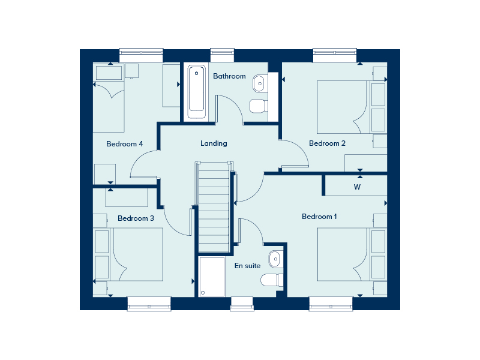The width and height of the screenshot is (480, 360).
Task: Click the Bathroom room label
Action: [x=229, y=76]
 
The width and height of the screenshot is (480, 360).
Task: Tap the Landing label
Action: [x=214, y=143]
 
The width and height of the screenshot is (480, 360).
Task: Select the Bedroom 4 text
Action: [x=125, y=144]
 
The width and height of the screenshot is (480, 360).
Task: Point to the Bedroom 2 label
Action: [x=327, y=143]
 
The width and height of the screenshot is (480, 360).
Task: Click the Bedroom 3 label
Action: [x=136, y=218]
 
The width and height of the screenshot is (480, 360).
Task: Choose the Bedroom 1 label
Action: [x=319, y=217]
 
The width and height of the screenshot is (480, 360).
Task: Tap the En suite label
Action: [x=247, y=266]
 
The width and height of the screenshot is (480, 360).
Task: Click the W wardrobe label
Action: [x=357, y=187]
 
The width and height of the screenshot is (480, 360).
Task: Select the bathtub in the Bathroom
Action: [x=197, y=92]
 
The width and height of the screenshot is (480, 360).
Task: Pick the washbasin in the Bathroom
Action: [x=259, y=83]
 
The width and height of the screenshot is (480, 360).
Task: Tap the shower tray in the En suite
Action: [x=212, y=277]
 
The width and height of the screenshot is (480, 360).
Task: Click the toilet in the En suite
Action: [x=272, y=280]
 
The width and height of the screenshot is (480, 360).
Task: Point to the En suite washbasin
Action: [x=275, y=259]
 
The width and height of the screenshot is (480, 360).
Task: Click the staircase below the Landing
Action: [x=214, y=207]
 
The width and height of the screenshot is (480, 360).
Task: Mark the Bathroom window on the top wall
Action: [x=222, y=55]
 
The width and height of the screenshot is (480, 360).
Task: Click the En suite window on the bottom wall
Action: [x=242, y=304]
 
